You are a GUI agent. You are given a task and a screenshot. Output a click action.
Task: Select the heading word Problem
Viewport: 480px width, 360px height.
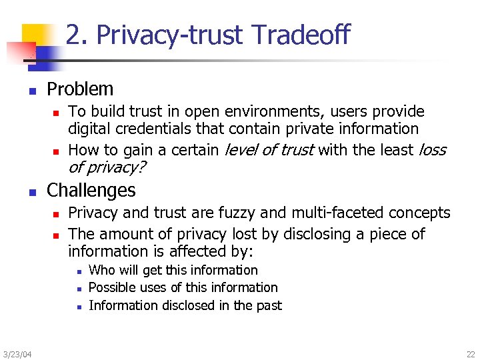point(80,89)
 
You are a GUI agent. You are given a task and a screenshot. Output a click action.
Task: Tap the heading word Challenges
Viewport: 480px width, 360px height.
point(91,190)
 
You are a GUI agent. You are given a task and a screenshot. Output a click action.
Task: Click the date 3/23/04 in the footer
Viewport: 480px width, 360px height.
point(16,353)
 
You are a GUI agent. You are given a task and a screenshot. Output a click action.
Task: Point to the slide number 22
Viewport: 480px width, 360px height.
point(471,353)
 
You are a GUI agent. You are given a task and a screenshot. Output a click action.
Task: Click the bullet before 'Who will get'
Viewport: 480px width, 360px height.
point(79,271)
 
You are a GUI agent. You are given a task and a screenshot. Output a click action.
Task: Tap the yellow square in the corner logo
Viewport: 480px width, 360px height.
point(35,37)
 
